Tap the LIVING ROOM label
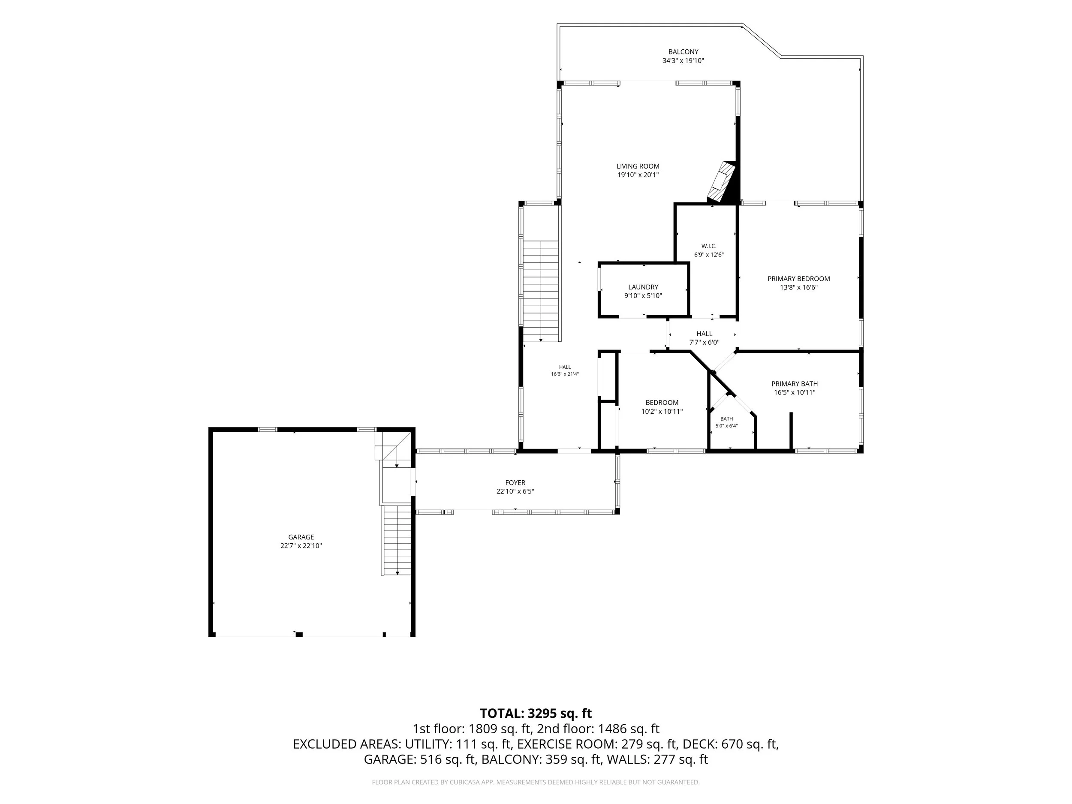coord(638,166)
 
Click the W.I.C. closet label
coord(708,246)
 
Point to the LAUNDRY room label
coord(643,287)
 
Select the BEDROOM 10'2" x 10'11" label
coord(662,407)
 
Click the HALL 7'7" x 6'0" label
coord(704,338)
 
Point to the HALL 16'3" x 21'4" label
coord(565,370)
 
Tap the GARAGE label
coord(301,537)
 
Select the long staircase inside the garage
coord(397,540)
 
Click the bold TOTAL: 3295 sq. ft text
coord(536,714)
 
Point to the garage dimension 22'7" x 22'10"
coord(301,546)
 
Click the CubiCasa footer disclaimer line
coord(536,782)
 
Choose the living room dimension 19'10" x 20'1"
coord(638,175)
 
